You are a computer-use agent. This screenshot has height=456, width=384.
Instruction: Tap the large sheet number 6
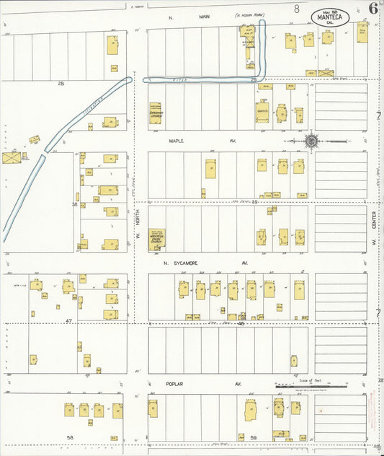(x=372, y=9)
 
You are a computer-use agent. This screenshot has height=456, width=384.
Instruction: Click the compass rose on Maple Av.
(x=311, y=141)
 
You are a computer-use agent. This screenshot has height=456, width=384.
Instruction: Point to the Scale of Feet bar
(x=311, y=386)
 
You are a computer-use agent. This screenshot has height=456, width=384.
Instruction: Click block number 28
(x=61, y=84)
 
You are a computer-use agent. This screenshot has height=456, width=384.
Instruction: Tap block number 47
(x=69, y=319)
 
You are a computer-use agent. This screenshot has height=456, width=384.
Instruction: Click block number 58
(x=70, y=437)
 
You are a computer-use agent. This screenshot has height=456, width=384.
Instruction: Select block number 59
(x=254, y=437)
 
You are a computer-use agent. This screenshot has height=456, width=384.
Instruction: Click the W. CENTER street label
(x=375, y=235)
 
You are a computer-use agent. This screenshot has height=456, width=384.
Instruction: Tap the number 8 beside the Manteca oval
(x=297, y=9)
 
